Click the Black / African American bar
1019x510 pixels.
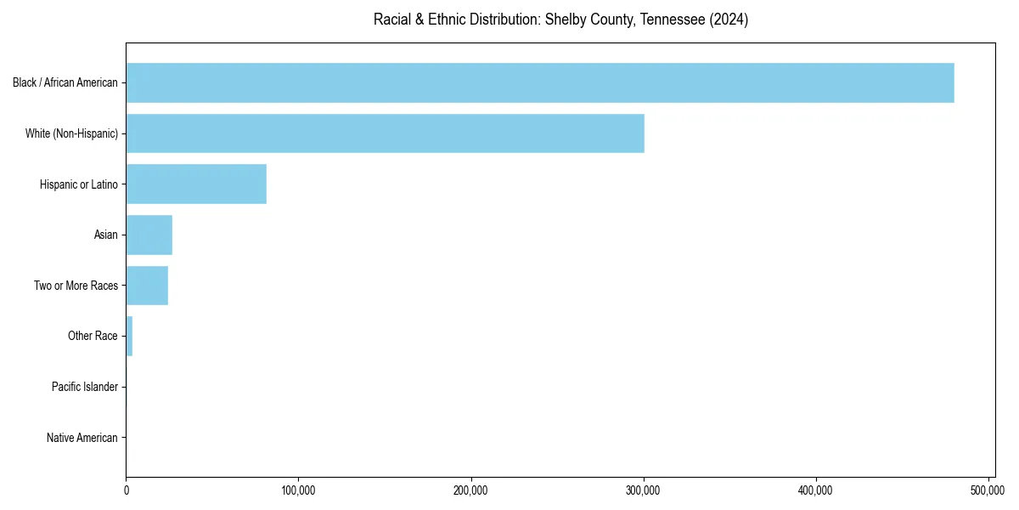coord(540,82)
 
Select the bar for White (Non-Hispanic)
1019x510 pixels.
coord(385,133)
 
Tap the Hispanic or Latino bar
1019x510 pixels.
coord(196,184)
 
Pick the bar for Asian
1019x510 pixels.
coord(149,235)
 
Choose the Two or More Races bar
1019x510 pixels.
coord(147,286)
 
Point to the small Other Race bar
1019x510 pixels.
coord(129,336)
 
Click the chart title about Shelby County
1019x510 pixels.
coord(560,20)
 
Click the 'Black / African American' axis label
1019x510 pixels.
coord(65,83)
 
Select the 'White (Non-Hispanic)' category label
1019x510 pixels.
coord(71,133)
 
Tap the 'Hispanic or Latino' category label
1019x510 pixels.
coord(79,184)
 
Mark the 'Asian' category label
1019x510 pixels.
coord(106,235)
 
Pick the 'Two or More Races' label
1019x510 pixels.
coord(76,286)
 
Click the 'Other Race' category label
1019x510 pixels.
coord(93,337)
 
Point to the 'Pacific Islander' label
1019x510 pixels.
coord(85,388)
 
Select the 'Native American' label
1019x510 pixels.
coord(82,438)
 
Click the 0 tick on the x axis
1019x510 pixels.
coord(127,490)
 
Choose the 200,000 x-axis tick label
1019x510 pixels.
coord(471,490)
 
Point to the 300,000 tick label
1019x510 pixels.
coord(644,490)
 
